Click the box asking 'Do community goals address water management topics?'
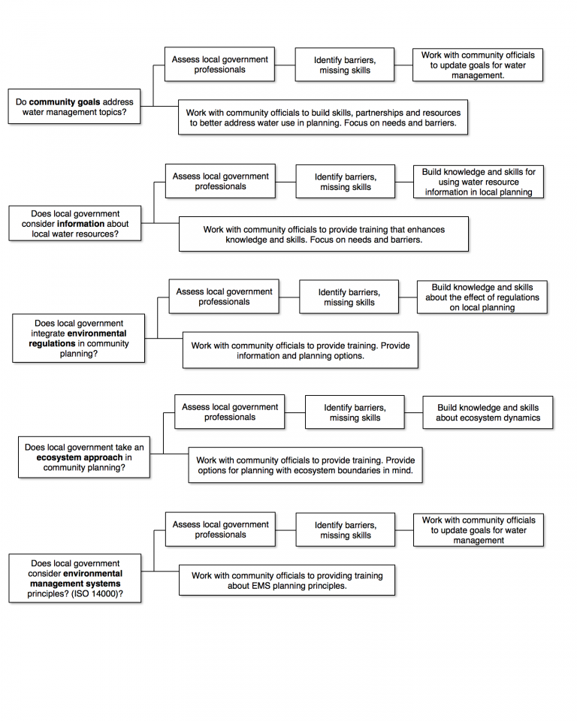point(74,107)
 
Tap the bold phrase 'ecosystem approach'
point(80,457)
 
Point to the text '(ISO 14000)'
point(96,594)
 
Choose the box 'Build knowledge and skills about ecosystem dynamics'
point(488,413)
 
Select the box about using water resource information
point(478,182)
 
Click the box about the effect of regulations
point(482,297)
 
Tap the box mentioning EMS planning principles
point(286,581)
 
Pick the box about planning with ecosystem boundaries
point(305,466)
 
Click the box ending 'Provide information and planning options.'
point(300,351)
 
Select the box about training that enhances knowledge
point(323,234)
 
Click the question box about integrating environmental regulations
point(79,339)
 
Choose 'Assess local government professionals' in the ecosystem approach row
point(229,412)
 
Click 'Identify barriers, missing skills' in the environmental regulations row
point(349,297)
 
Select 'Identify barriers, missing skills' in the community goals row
point(344,65)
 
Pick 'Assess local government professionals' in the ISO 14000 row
point(220,529)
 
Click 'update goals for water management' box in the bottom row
point(478,529)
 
